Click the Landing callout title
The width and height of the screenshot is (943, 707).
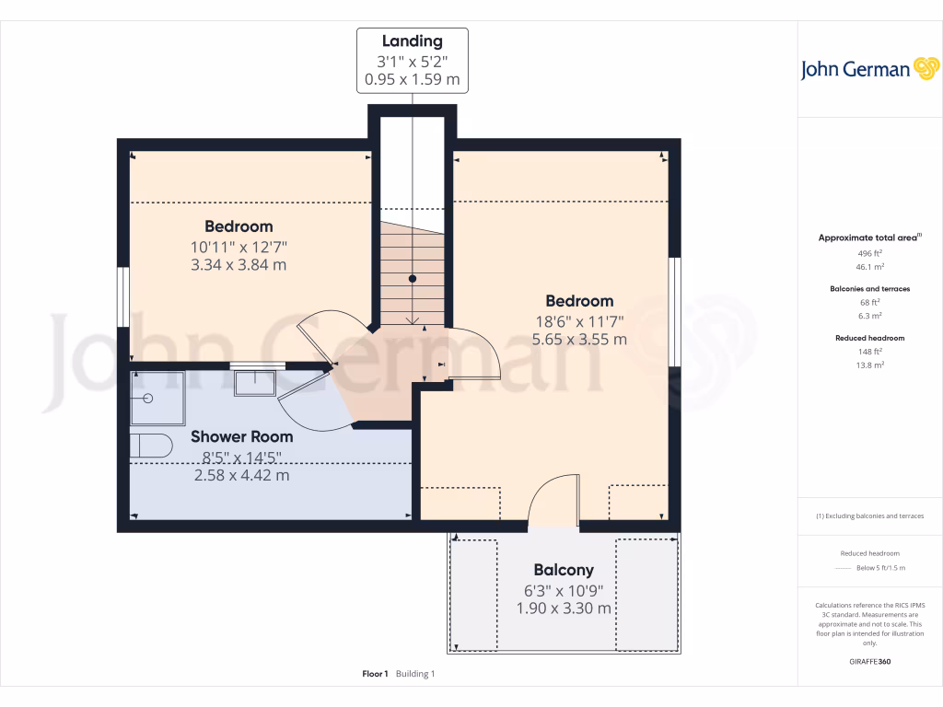click(413, 41)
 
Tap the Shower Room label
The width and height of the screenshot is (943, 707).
click(242, 436)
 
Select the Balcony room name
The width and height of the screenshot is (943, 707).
click(564, 570)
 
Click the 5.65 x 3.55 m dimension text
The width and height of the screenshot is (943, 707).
click(579, 339)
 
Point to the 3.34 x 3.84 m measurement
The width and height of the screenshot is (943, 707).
click(239, 265)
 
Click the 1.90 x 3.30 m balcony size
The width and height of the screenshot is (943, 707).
click(564, 608)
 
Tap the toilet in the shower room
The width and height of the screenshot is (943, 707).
click(149, 446)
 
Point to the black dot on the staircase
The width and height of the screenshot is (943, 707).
click(413, 278)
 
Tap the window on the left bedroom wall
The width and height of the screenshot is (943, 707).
click(122, 296)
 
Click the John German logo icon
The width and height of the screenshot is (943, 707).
click(925, 69)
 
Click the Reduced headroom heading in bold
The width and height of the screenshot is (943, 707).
click(870, 338)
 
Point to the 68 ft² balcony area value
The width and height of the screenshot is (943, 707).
click(870, 302)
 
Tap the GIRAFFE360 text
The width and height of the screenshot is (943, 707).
click(870, 662)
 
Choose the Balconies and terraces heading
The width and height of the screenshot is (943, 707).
click(870, 289)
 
